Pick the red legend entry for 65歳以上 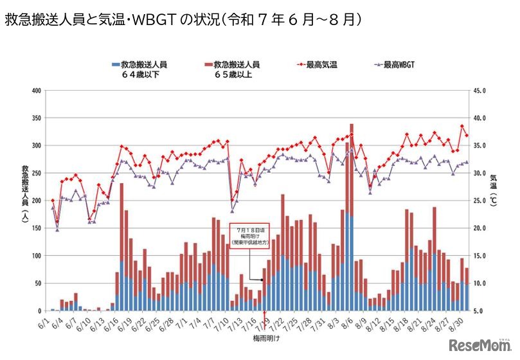(x=232, y=69)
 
